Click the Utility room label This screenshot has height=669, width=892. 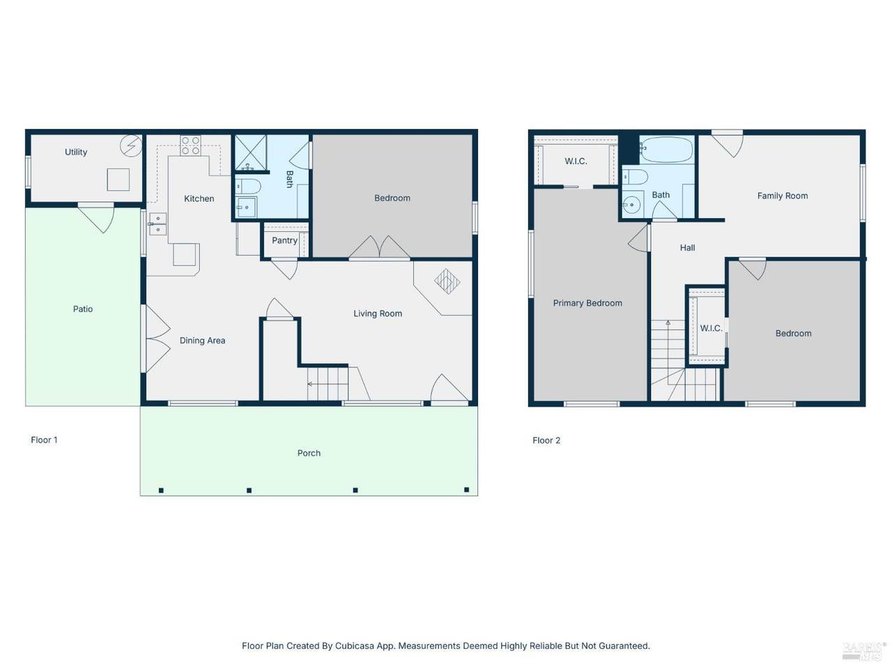click(x=76, y=152)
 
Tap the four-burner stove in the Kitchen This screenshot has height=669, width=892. click(x=190, y=146)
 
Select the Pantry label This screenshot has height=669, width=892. click(x=284, y=240)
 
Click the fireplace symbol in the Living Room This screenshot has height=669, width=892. click(x=447, y=281)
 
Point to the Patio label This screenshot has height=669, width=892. click(x=83, y=309)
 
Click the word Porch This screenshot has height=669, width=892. click(x=309, y=453)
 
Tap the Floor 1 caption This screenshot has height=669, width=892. click(x=45, y=440)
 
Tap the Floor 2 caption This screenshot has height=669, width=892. click(x=546, y=440)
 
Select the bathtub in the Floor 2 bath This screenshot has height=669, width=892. click(x=666, y=150)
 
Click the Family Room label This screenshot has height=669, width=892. click(x=783, y=196)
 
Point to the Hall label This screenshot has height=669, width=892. click(x=688, y=248)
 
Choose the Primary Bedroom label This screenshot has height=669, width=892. click(x=587, y=303)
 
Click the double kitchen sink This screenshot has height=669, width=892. click(x=157, y=224)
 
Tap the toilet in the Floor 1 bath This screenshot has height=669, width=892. click(x=248, y=187)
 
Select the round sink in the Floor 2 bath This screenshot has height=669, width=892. click(x=631, y=205)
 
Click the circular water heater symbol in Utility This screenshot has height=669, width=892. click(x=131, y=146)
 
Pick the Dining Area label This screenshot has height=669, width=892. click(x=202, y=341)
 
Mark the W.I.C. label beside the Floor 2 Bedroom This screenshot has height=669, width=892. click(x=712, y=328)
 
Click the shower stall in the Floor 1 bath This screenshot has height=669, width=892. click(x=251, y=153)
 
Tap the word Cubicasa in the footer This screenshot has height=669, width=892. click(x=353, y=646)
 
